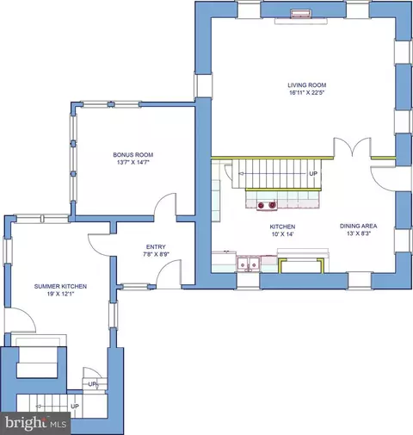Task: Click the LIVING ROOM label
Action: click(306, 85)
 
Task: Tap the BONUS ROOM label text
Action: click(133, 155)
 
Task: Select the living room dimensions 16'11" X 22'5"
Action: click(306, 93)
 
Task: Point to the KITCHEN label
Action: click(282, 227)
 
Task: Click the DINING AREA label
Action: click(359, 226)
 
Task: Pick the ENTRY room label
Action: click(156, 246)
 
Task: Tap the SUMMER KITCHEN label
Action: click(60, 286)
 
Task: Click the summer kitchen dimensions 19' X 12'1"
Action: click(60, 294)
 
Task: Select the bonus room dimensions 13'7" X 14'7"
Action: click(133, 162)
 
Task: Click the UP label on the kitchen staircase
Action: click(313, 173)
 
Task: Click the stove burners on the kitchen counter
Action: click(267, 205)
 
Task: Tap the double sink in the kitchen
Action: click(248, 264)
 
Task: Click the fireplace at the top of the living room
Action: click(301, 15)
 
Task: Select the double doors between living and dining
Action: click(353, 147)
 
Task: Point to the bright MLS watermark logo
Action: click(35, 423)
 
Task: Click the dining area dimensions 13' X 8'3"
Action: click(359, 233)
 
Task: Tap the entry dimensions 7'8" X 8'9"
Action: click(157, 254)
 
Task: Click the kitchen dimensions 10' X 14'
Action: click(282, 234)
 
